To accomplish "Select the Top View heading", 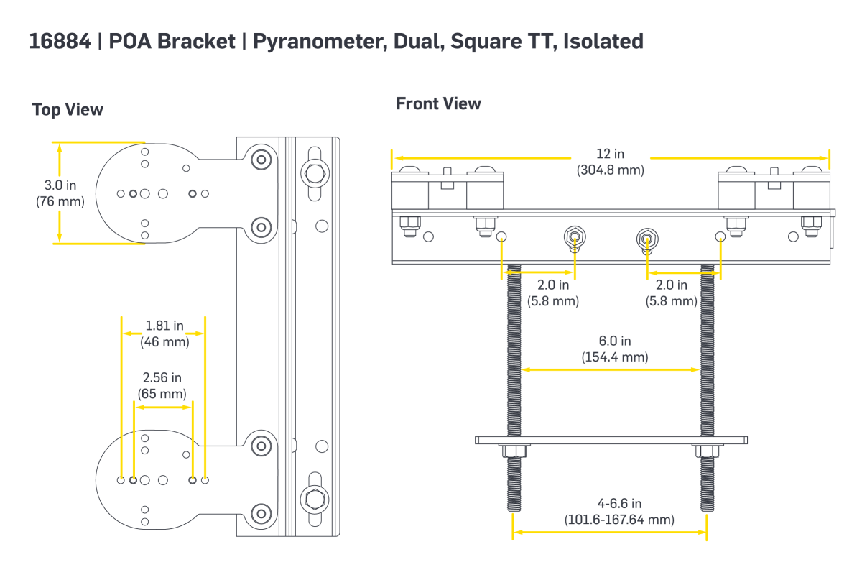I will click(x=68, y=110).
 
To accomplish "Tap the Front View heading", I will click(x=438, y=103).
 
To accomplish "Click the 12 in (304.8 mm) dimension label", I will click(x=610, y=162).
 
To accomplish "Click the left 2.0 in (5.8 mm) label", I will click(x=552, y=293).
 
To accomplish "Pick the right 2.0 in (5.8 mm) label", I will click(x=671, y=293).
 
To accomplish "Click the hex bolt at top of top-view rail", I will click(x=315, y=173).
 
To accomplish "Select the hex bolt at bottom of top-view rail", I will click(x=315, y=497).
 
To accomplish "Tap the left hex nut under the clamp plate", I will click(x=513, y=451).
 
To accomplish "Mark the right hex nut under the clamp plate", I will click(x=704, y=451).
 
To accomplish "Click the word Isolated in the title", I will click(x=603, y=42).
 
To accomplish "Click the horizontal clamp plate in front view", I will click(x=611, y=439).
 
